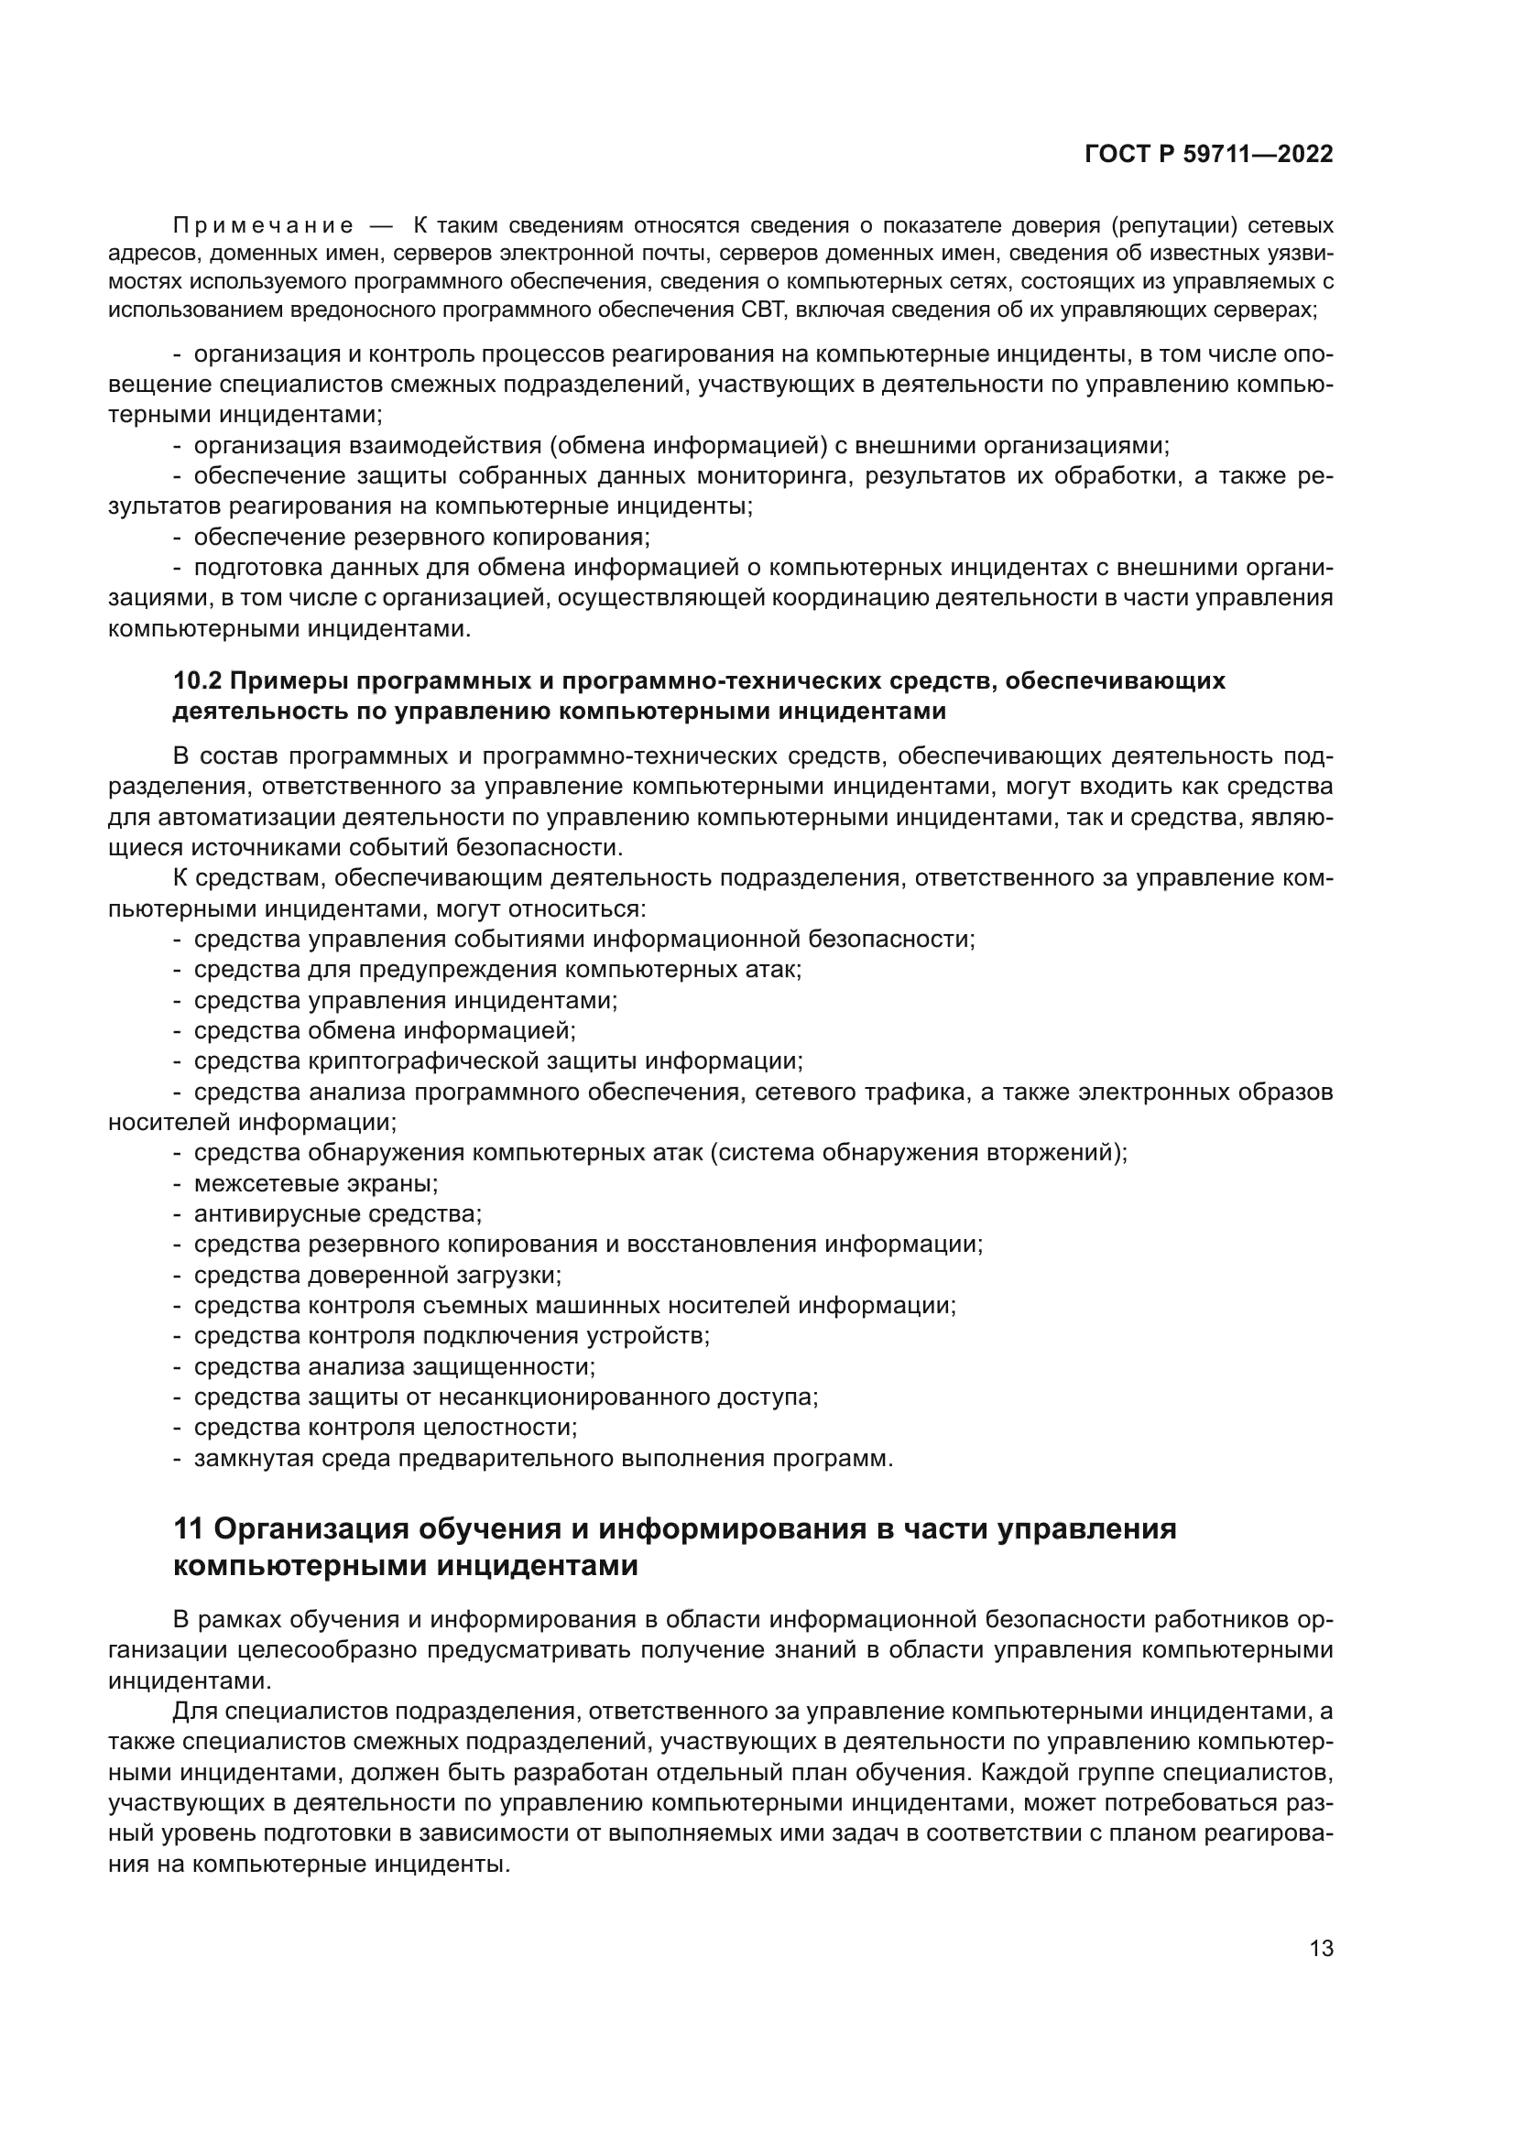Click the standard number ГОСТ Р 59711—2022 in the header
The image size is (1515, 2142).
click(x=1208, y=155)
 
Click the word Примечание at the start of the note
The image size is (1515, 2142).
click(x=263, y=226)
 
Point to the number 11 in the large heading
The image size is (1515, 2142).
click(x=190, y=1529)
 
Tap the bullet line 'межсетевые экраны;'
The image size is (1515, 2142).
click(x=315, y=1184)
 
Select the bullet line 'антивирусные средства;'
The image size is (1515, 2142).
click(x=337, y=1214)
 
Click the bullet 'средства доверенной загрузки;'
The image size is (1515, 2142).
click(x=376, y=1276)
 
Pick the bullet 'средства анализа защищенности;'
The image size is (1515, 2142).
click(x=394, y=1366)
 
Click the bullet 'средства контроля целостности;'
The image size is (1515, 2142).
click(x=386, y=1428)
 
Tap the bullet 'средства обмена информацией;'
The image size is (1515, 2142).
click(x=385, y=1031)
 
